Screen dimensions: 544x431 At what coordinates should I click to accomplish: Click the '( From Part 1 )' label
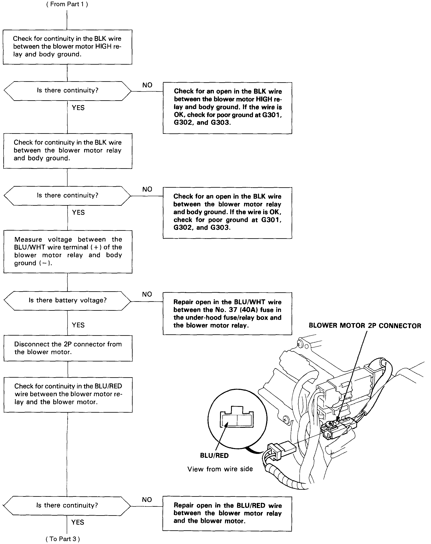click(67, 4)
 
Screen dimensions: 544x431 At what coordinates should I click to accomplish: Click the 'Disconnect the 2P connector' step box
click(68, 348)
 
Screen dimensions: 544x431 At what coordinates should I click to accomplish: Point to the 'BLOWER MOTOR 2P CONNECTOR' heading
click(365, 326)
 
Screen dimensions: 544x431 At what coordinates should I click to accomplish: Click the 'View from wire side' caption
click(220, 469)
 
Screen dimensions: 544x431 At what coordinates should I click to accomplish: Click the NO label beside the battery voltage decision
click(147, 294)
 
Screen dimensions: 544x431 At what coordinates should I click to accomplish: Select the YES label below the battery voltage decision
click(78, 325)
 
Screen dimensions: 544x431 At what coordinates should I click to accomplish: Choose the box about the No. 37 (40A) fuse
click(227, 313)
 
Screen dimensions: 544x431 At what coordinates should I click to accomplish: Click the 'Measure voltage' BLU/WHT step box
click(68, 251)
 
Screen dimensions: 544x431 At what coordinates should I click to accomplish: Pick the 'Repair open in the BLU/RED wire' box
click(227, 513)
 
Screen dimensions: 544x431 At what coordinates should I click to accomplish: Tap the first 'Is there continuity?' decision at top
click(67, 91)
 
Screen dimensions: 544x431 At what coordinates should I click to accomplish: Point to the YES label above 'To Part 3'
click(77, 522)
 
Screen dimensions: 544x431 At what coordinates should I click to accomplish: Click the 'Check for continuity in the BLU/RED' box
click(68, 394)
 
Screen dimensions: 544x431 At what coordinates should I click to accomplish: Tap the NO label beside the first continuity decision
click(147, 85)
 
